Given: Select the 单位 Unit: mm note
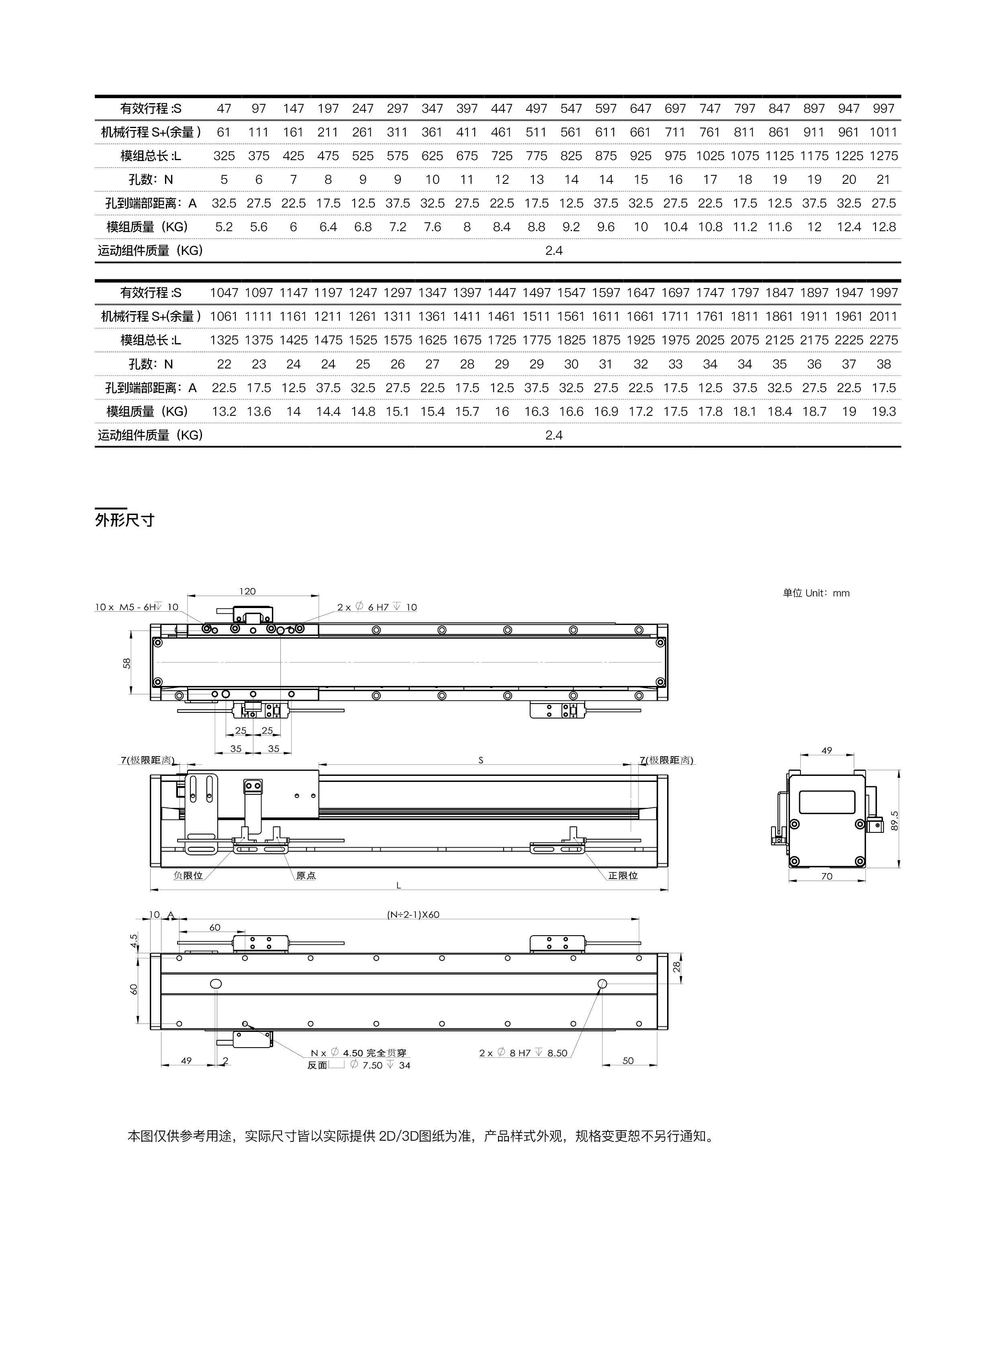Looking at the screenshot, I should [x=816, y=593].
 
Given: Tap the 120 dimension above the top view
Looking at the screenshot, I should [x=247, y=591].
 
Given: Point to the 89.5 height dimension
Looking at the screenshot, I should [x=894, y=821].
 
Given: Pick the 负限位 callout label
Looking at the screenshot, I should [x=188, y=875].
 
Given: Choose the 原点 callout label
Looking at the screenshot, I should [x=306, y=875].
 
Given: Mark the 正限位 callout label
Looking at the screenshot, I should [x=622, y=875].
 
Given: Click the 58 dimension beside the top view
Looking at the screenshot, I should [x=127, y=663].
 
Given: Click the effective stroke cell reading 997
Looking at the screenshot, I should [x=883, y=108].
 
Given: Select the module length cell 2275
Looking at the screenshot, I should [x=883, y=340].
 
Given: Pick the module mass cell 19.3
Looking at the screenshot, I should [x=883, y=411].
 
